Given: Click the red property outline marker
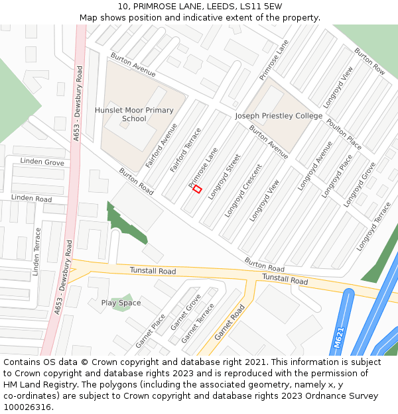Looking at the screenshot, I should pyautogui.click(x=197, y=189).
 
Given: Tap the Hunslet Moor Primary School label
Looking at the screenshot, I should pyautogui.click(x=134, y=115).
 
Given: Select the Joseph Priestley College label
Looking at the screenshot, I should pyautogui.click(x=279, y=116).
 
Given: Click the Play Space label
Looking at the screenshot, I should pyautogui.click(x=121, y=303).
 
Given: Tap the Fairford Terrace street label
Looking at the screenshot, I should pyautogui.click(x=185, y=150).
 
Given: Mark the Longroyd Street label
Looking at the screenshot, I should pyautogui.click(x=224, y=176).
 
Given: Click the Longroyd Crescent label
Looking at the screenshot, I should pyautogui.click(x=243, y=191).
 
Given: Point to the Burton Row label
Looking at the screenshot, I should pyautogui.click(x=369, y=60).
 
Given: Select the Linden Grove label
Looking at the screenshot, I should pyautogui.click(x=42, y=162).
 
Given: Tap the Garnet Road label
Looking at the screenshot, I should pyautogui.click(x=230, y=322).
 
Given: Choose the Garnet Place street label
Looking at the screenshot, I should pyautogui.click(x=151, y=331).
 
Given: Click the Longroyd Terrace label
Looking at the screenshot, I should pyautogui.click(x=374, y=226).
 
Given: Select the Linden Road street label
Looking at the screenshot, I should pyautogui.click(x=31, y=199).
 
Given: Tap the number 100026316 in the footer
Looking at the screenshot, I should pyautogui.click(x=27, y=407).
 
